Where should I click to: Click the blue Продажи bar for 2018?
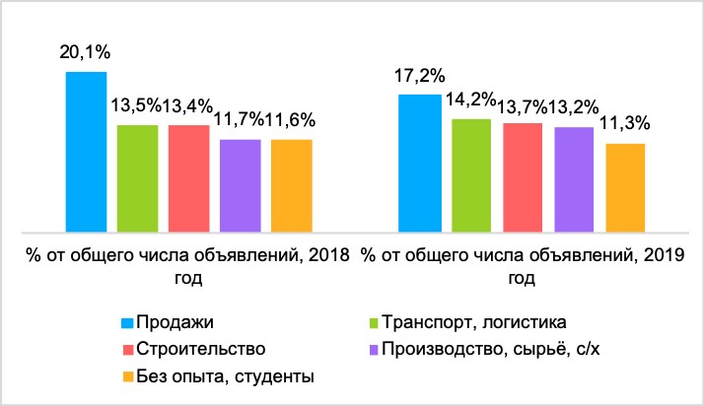point(86,151)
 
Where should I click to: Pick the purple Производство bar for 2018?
point(240,184)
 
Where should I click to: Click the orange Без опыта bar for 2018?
point(291,184)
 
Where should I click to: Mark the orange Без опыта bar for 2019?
point(625,186)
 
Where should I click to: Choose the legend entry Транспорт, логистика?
point(469,322)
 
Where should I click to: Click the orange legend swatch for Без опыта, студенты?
point(127,375)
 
